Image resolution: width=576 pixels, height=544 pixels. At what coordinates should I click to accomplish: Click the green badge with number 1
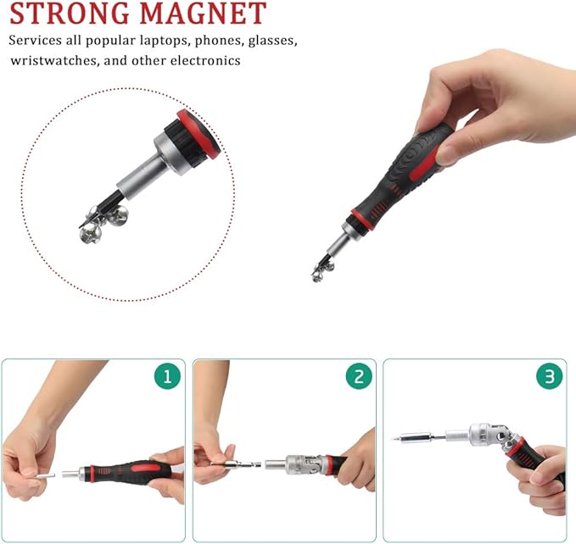(x=166, y=376)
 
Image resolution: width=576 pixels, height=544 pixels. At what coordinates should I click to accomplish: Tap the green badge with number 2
(x=359, y=376)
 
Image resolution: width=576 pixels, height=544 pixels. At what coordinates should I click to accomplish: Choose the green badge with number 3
(x=550, y=376)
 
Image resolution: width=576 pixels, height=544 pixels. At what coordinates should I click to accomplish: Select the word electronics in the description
(x=204, y=60)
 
